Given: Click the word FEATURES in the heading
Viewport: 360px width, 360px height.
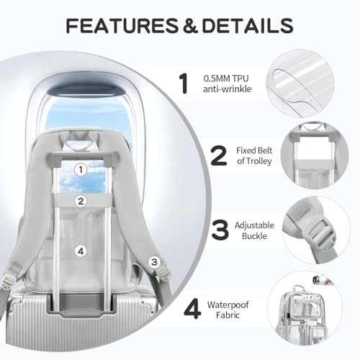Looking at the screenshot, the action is click(122, 25).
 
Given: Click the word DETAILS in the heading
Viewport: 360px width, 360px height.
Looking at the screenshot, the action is click(248, 25).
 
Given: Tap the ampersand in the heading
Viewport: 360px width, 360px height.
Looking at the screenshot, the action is click(190, 25).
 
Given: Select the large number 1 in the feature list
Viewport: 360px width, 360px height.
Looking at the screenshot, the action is click(184, 84).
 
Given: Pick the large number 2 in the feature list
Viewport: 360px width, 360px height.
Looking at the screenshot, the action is click(219, 156).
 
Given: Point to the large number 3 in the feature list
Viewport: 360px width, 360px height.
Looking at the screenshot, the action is click(220, 230).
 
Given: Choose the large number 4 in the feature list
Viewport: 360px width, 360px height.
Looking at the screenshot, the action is click(192, 309).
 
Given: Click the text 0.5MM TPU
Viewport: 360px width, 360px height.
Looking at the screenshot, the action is click(226, 78).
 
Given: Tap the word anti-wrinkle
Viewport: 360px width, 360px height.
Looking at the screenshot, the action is click(227, 89).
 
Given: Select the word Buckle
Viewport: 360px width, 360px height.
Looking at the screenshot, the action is click(254, 236).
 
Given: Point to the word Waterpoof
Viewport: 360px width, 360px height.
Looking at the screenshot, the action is click(228, 305).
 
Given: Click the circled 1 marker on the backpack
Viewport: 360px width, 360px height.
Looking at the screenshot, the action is click(81, 170).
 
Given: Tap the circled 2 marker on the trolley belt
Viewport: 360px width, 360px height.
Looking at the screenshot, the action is click(81, 201).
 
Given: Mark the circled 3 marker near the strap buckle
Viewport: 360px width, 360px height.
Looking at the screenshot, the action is click(154, 262).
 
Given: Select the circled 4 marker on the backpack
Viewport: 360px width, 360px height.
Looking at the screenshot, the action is click(81, 251).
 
